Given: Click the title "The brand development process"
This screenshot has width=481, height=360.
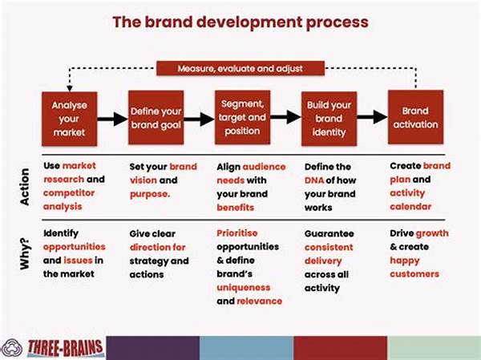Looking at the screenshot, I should pyautogui.click(x=240, y=21).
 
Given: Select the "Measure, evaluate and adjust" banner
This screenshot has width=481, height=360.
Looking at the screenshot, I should pyautogui.click(x=240, y=68).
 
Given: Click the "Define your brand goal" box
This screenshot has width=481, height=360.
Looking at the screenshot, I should pyautogui.click(x=156, y=118).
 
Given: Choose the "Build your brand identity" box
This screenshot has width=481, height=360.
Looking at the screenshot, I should pyautogui.click(x=328, y=118).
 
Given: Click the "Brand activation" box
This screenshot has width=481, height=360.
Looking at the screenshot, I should pyautogui.click(x=415, y=118).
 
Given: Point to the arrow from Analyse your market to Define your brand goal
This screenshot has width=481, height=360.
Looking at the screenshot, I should pyautogui.click(x=111, y=119).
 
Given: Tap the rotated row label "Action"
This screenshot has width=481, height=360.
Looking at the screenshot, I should pyautogui.click(x=24, y=186).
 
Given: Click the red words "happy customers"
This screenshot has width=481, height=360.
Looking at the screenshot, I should pyautogui.click(x=414, y=267).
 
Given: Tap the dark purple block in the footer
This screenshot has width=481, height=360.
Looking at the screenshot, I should pyautogui.click(x=152, y=347).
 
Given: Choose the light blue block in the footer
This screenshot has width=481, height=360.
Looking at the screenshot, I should pyautogui.click(x=246, y=347).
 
